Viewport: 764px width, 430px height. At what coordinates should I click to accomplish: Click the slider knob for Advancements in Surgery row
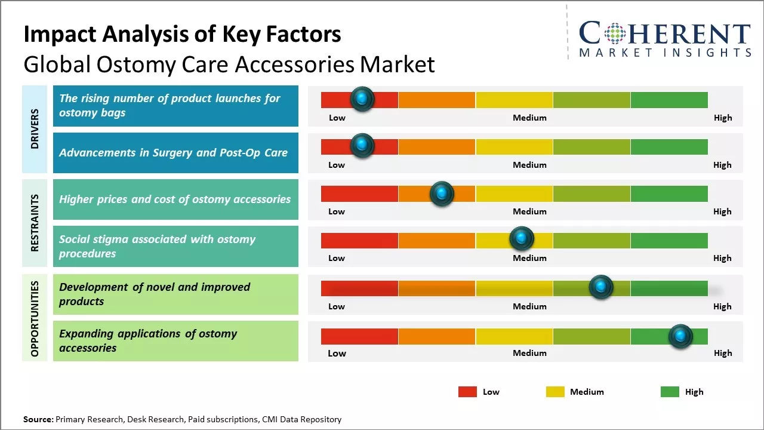362,146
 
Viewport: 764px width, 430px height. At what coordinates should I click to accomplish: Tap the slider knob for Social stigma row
522,239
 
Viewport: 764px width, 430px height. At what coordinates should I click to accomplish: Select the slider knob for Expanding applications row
680,336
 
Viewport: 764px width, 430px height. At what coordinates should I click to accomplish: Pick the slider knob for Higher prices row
442,193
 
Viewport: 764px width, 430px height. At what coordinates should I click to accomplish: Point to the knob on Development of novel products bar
600,287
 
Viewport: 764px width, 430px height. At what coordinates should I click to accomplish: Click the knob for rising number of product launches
362,99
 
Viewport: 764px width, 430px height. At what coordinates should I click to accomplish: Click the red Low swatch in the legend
467,392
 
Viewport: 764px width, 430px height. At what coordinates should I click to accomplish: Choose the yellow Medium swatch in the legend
555,392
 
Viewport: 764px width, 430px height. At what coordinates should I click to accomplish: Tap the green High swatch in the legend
670,392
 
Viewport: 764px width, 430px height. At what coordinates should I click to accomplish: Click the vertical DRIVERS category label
35,129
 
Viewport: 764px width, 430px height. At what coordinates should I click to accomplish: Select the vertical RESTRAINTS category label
35,223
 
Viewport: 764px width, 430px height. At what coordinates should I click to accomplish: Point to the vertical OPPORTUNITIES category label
35,318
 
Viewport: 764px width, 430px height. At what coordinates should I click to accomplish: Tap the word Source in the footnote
38,419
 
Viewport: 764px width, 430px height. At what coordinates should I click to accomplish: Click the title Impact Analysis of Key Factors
182,35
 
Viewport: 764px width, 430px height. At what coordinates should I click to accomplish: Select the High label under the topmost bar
722,118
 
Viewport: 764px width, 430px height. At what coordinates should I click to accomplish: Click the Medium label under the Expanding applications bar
529,353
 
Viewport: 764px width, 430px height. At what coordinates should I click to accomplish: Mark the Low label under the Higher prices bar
337,211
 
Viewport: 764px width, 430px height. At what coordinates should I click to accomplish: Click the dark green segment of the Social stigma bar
668,241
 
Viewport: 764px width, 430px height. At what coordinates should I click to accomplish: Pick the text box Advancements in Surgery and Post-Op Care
175,153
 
